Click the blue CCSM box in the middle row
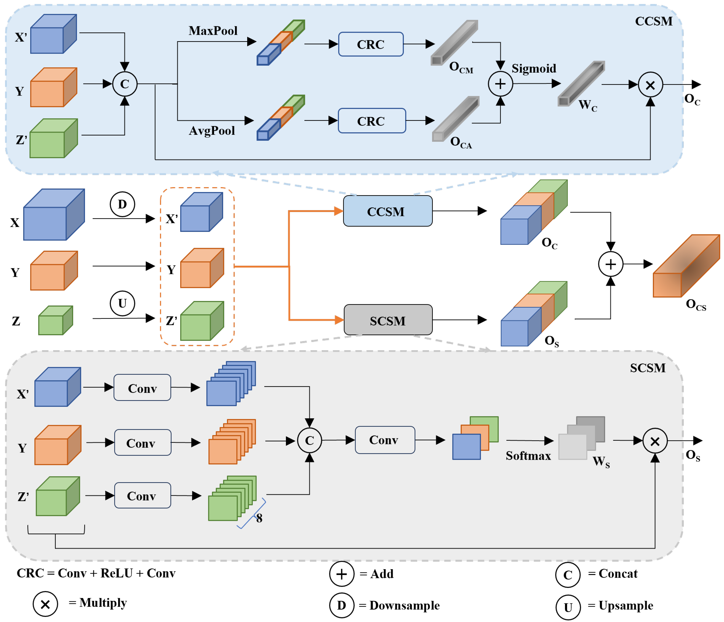point(388,211)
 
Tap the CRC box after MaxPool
point(371,44)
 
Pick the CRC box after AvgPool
point(371,121)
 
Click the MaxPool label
point(213,31)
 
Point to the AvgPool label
point(212,131)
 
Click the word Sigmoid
point(534,69)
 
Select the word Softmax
point(528,456)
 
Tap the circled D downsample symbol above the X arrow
point(122,204)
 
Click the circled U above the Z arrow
point(122,303)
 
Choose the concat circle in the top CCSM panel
point(125,84)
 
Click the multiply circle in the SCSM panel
point(655,441)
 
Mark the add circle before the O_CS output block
point(611,264)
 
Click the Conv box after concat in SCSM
point(385,440)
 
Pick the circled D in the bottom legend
point(341,606)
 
